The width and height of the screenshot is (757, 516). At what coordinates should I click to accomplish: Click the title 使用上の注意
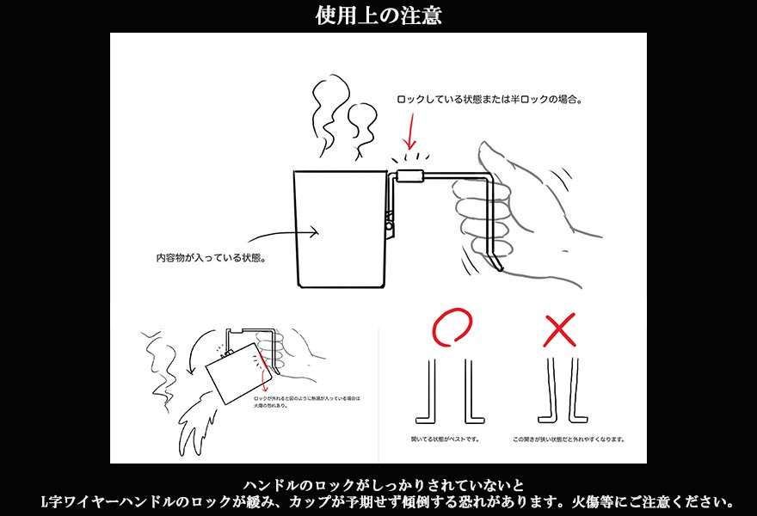click(x=378, y=15)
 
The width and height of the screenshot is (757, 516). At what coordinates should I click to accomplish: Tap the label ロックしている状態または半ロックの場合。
click(x=489, y=100)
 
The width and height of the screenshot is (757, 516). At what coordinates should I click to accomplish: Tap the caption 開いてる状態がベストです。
click(x=446, y=439)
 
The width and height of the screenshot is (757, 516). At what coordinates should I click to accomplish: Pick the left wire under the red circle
click(x=428, y=392)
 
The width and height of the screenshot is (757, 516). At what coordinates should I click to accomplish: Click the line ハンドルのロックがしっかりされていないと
click(x=378, y=484)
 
